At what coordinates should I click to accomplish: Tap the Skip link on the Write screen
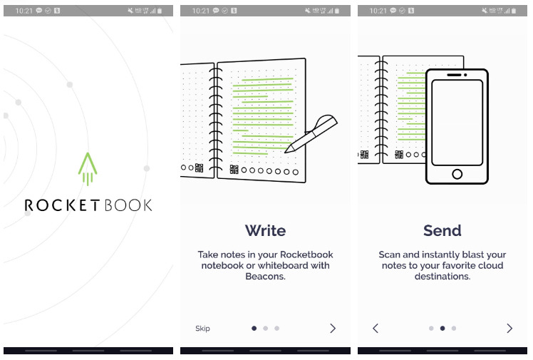tap(202, 329)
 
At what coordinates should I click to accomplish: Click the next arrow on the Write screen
tap(333, 328)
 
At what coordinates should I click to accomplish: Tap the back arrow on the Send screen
tap(376, 328)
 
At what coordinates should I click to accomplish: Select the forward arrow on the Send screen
tap(509, 328)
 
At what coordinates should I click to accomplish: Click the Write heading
tap(265, 230)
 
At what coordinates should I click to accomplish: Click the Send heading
tap(443, 230)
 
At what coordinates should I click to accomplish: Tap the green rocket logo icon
tap(88, 169)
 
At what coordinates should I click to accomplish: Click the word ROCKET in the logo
tap(62, 205)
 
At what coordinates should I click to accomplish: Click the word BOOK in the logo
tap(128, 205)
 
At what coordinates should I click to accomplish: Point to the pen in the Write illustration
tap(311, 133)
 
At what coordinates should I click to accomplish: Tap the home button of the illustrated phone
tap(457, 174)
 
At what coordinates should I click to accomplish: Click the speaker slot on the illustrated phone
tap(454, 75)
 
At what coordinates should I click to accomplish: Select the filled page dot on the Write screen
tap(254, 328)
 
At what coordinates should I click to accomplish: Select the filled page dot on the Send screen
tap(443, 328)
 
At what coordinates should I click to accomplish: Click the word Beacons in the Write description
tap(265, 277)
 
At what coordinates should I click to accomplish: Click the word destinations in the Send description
tap(443, 277)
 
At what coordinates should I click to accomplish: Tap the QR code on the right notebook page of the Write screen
tap(234, 169)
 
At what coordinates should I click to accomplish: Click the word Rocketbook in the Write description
tap(306, 254)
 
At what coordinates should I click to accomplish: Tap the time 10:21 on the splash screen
tap(24, 11)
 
